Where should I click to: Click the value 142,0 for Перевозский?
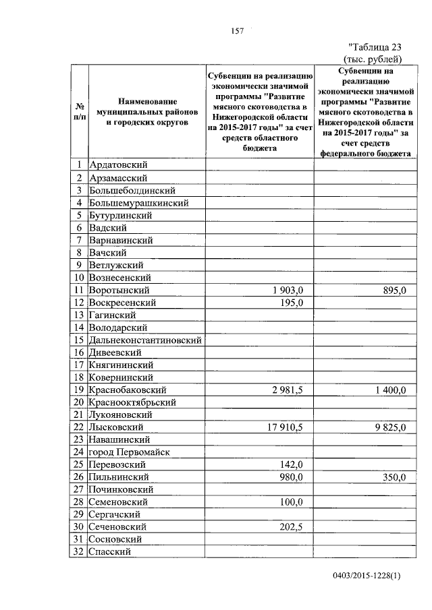coord(294,464)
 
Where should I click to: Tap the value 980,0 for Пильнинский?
coord(294,477)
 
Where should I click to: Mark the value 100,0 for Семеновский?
coord(294,502)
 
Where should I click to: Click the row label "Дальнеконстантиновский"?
coord(146,340)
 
